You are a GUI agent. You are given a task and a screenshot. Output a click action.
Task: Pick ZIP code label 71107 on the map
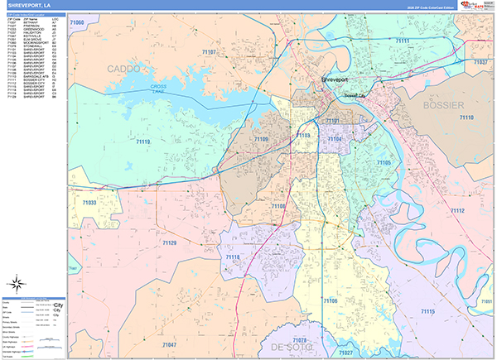[209, 52]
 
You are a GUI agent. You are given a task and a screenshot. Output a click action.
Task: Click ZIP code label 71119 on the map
[142, 142]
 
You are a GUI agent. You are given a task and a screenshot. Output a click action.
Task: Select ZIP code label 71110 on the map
[466, 118]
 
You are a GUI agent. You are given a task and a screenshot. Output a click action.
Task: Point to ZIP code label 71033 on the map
[89, 202]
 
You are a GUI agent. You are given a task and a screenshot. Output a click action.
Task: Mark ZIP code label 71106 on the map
[330, 301]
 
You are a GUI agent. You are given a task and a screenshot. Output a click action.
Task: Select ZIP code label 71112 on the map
[457, 212]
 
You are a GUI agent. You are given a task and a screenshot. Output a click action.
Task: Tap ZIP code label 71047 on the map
[169, 343]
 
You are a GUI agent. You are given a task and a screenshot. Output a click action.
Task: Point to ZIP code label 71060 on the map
[78, 22]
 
